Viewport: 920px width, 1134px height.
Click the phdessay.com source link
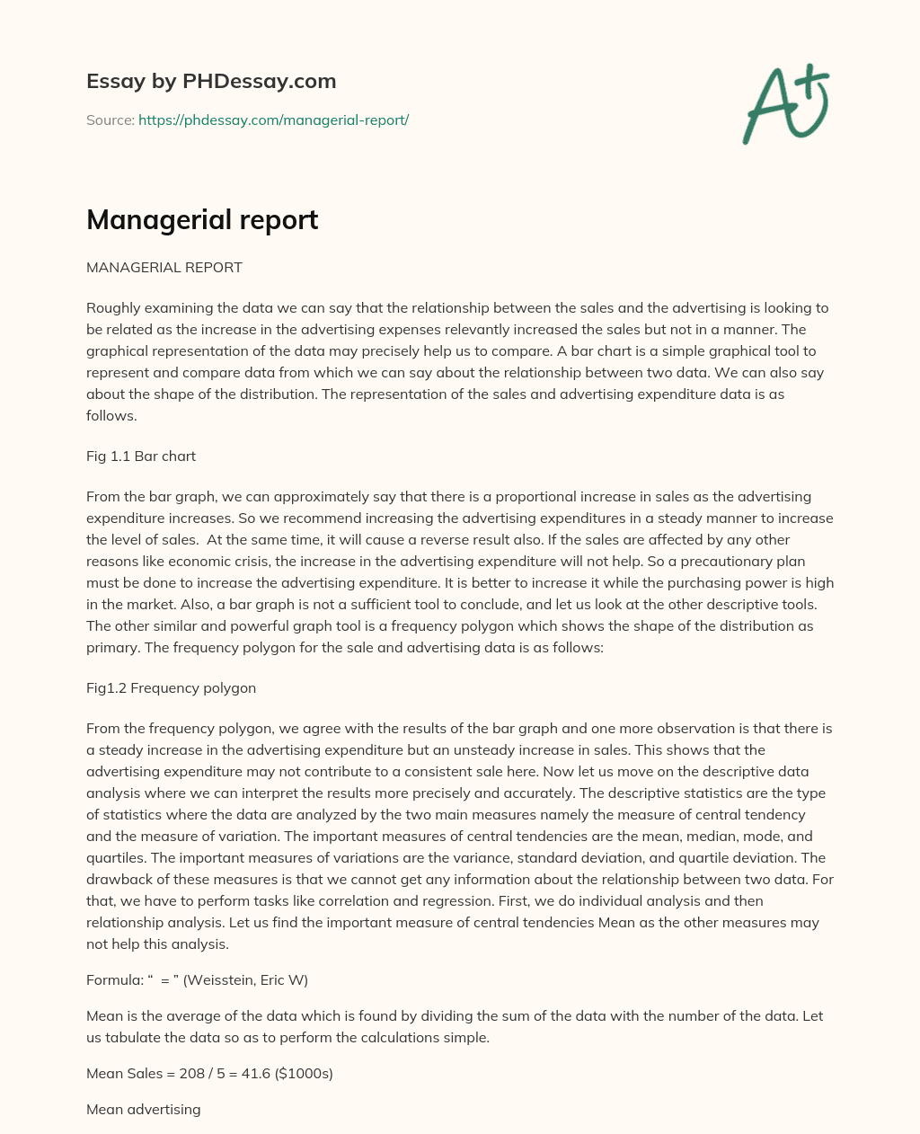click(273, 120)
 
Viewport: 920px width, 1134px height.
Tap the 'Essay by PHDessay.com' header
click(211, 81)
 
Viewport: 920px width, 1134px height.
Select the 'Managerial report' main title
click(202, 219)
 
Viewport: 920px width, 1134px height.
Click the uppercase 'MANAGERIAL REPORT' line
click(164, 268)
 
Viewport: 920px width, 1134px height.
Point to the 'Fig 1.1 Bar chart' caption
click(141, 456)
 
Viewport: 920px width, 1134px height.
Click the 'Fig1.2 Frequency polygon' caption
click(171, 687)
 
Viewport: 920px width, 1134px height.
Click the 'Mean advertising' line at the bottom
click(143, 1109)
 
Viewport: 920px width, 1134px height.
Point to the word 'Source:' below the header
click(110, 120)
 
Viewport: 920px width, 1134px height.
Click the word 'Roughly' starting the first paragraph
click(112, 307)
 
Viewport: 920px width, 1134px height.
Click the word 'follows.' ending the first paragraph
click(111, 415)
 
